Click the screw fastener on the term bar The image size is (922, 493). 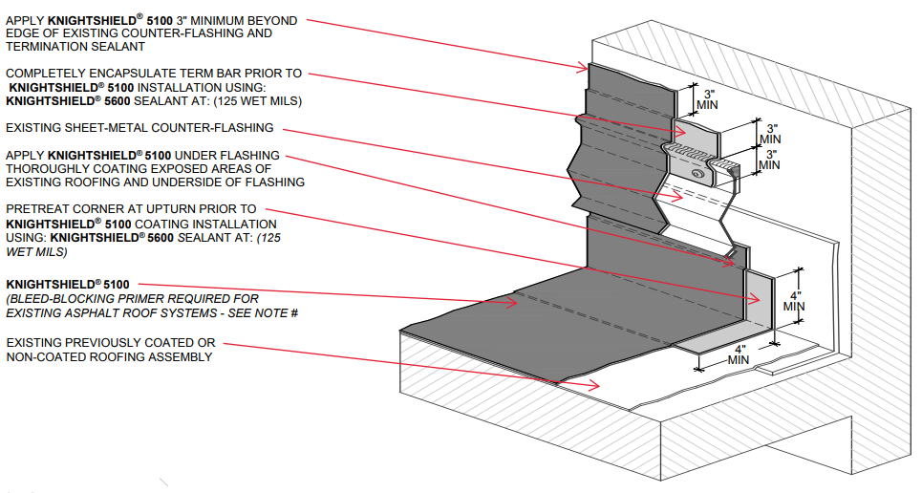[x=697, y=174]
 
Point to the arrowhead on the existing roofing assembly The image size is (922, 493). [x=595, y=385]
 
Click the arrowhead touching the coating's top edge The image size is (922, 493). [x=582, y=68]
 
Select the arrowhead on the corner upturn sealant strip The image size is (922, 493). [x=755, y=300]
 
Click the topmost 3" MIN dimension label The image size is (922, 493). [x=707, y=99]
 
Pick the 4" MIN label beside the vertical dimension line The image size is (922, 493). [x=794, y=301]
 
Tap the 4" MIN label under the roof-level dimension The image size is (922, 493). [x=738, y=354]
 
